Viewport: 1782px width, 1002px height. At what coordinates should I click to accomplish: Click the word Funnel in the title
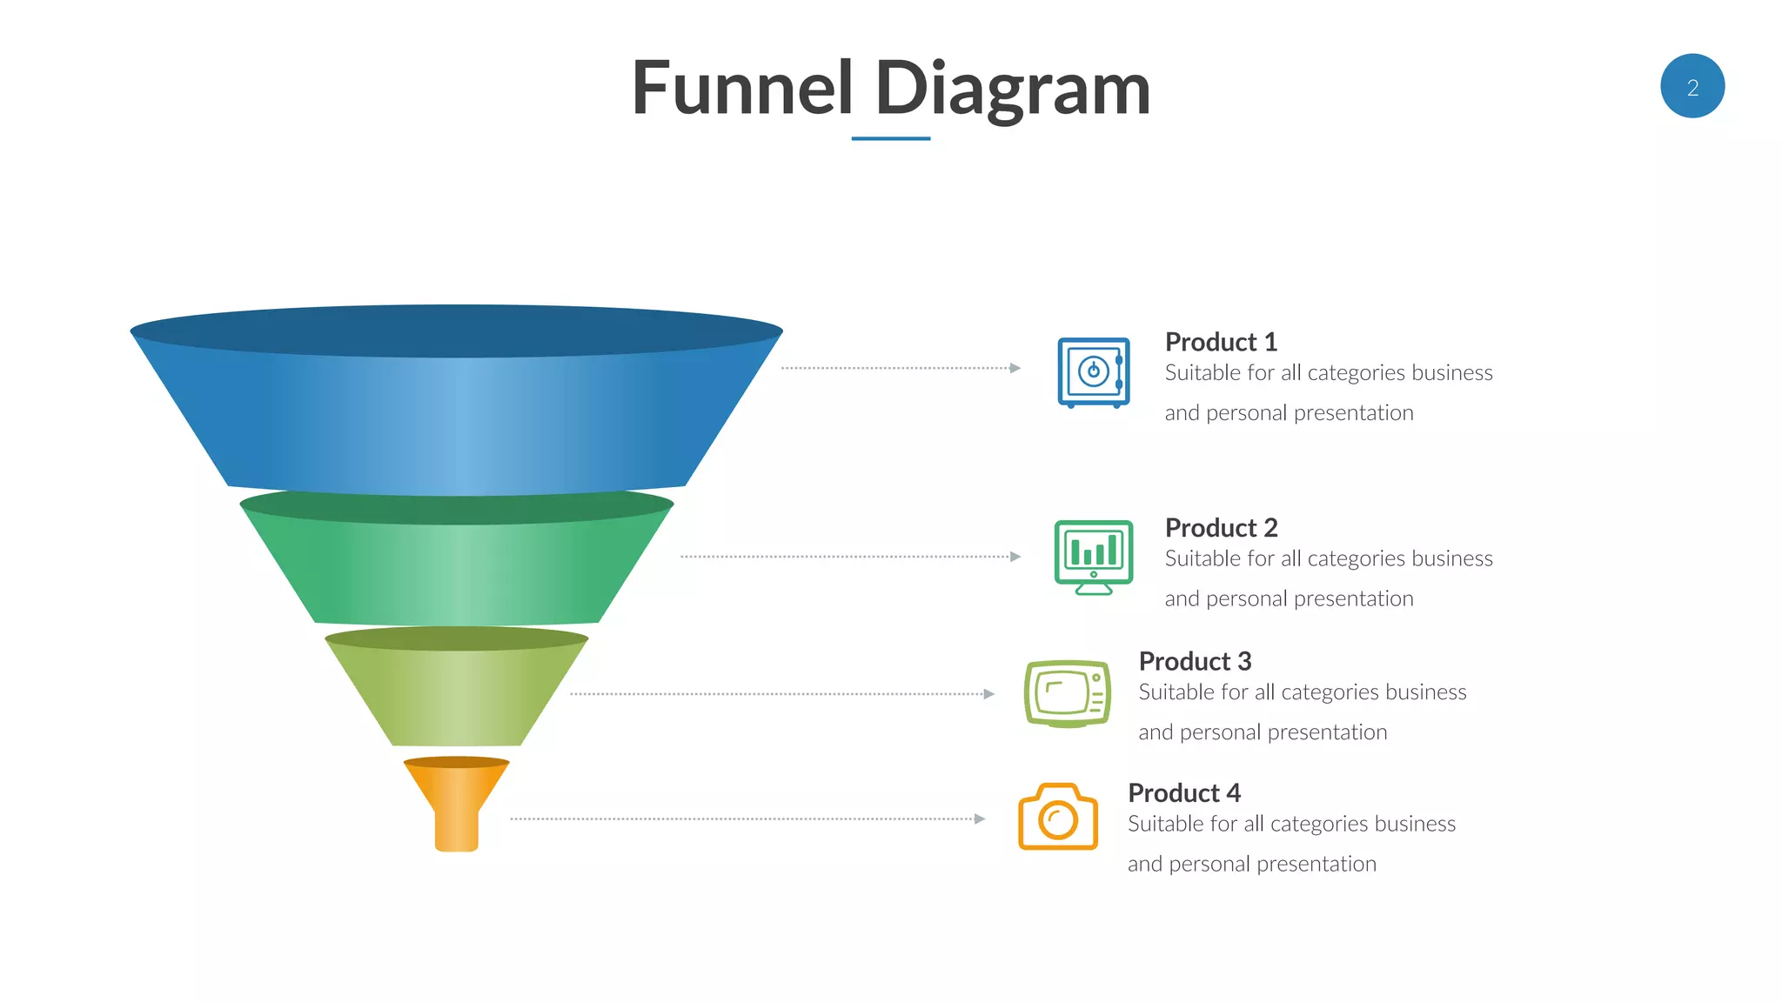click(742, 88)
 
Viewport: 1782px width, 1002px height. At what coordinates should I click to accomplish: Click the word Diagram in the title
click(1013, 90)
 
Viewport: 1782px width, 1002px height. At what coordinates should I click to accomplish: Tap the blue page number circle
click(1692, 86)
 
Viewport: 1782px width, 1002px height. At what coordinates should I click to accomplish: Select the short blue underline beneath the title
click(890, 138)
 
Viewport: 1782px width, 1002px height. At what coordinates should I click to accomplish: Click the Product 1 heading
click(1221, 342)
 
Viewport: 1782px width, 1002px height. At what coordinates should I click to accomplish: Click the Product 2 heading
click(1221, 528)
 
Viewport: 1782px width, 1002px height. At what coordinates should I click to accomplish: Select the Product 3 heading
click(1195, 661)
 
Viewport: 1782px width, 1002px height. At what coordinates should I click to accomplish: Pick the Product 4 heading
click(1184, 793)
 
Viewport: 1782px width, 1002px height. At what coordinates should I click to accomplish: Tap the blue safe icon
click(1094, 372)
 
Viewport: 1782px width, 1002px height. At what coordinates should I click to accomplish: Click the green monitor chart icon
click(1094, 557)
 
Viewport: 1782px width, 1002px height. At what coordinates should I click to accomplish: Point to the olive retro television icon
click(1068, 693)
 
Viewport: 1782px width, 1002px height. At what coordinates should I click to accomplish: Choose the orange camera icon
click(1058, 817)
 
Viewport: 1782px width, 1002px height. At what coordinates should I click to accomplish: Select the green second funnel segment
click(456, 570)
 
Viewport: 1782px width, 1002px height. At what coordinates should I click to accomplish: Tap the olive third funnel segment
click(456, 696)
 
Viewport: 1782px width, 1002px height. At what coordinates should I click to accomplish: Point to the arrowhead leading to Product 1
click(1015, 368)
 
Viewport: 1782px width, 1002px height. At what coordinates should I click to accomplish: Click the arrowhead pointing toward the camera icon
click(981, 818)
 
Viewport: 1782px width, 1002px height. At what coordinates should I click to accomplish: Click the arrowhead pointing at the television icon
click(989, 694)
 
